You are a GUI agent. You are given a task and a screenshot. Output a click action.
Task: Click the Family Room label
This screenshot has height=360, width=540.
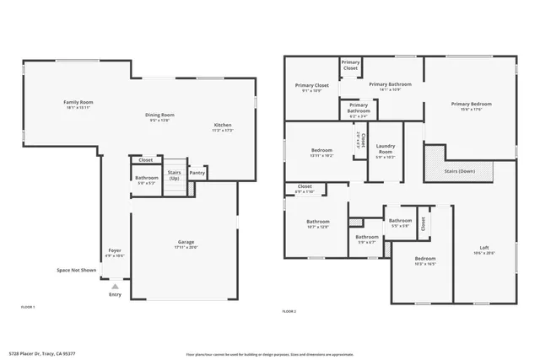(78, 102)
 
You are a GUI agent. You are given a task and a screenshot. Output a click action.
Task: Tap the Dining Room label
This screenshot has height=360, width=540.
(159, 115)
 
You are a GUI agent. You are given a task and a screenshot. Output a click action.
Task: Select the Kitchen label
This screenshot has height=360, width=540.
(222, 125)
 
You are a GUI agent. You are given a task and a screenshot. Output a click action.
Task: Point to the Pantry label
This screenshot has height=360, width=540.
(197, 173)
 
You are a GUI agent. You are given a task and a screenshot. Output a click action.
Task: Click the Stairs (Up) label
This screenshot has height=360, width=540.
(174, 175)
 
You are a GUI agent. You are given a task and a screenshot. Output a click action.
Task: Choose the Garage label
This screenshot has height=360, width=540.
(186, 242)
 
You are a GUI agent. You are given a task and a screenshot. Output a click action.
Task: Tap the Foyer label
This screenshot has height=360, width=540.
(115, 250)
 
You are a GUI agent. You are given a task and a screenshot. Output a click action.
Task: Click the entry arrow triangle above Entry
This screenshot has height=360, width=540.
(115, 287)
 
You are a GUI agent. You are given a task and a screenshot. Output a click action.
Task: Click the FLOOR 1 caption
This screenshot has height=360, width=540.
(28, 307)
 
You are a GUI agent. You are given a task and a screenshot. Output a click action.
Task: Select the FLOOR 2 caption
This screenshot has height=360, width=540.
(289, 311)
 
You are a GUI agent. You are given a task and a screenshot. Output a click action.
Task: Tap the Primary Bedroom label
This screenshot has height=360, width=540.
(470, 104)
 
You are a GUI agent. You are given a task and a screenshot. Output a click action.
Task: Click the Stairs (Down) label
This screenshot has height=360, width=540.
(459, 171)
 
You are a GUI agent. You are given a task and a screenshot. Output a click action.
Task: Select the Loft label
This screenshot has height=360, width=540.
(483, 247)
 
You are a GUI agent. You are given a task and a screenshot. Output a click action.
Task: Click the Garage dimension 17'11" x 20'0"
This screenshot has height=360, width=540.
(186, 247)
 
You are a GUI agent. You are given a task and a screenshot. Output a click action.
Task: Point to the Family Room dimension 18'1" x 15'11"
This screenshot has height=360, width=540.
(78, 107)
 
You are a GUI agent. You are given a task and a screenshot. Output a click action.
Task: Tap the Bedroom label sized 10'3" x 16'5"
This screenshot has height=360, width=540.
(424, 258)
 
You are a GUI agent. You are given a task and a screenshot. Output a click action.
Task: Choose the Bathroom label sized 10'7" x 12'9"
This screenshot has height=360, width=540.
(318, 222)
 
